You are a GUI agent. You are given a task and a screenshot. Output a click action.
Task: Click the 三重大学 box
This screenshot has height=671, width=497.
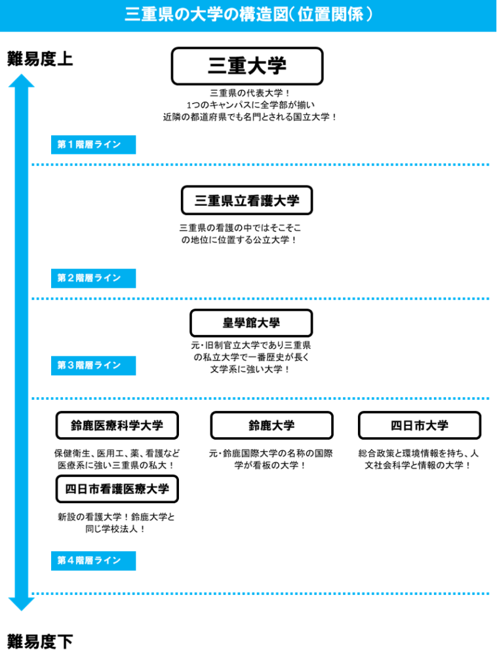[x=247, y=66]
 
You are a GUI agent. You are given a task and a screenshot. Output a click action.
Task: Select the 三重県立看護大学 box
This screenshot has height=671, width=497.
[x=247, y=201]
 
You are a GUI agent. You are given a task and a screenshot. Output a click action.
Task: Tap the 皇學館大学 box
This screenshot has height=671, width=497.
[x=251, y=323]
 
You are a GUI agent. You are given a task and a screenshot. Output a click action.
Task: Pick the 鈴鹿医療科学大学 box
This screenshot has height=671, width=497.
[x=117, y=425]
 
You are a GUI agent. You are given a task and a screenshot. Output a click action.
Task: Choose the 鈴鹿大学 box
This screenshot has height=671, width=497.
[x=271, y=425]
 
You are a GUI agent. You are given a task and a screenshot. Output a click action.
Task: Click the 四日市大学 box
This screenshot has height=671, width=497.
[x=420, y=425]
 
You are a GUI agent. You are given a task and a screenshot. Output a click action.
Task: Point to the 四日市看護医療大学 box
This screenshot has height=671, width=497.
[x=117, y=489]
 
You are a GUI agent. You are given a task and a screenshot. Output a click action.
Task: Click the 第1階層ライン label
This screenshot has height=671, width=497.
[x=93, y=145]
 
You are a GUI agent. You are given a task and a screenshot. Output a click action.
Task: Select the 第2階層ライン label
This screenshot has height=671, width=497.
[x=93, y=278]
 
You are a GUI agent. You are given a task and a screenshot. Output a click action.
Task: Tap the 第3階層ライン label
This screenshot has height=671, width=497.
[x=93, y=366]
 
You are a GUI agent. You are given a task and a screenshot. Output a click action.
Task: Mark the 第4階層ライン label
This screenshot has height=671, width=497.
[x=93, y=560]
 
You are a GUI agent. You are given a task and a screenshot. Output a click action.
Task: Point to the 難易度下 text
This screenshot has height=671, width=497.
[x=40, y=642]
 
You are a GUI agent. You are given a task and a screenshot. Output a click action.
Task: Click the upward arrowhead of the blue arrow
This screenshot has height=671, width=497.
[x=21, y=81]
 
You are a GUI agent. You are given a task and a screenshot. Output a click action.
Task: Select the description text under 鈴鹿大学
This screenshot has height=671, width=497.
[x=271, y=459]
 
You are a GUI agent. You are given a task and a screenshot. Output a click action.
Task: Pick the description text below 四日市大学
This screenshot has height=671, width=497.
[x=420, y=459]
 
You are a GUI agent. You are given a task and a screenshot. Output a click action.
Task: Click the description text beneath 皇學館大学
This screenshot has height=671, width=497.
[x=250, y=357]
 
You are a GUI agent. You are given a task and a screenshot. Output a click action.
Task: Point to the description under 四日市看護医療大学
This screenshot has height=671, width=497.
[x=117, y=523]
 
